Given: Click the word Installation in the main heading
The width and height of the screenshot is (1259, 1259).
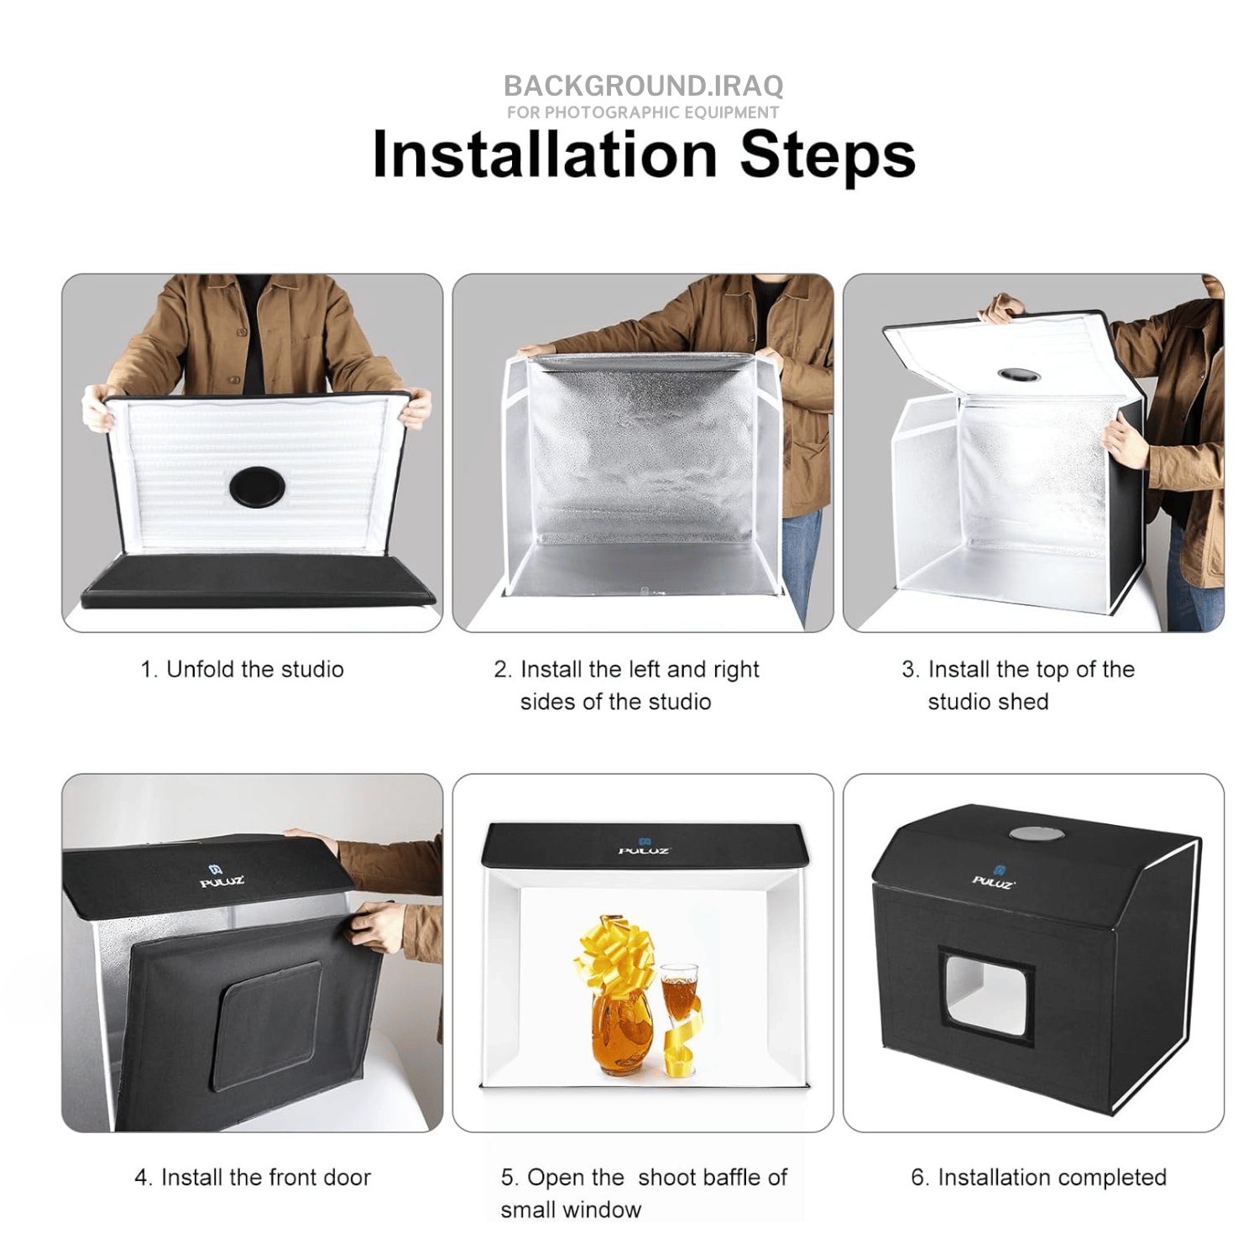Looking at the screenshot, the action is (x=545, y=154).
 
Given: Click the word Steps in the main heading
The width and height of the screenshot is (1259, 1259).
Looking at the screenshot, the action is (x=828, y=157).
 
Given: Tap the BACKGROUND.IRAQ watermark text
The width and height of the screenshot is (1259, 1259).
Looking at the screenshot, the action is (x=644, y=86).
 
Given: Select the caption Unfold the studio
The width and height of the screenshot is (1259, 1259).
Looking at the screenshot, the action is (x=243, y=669).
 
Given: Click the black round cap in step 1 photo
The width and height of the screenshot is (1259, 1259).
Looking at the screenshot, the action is (x=257, y=486).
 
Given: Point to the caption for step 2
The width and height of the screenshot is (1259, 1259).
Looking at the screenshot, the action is (x=626, y=685).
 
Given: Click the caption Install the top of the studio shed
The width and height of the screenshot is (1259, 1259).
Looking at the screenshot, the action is (x=1018, y=685).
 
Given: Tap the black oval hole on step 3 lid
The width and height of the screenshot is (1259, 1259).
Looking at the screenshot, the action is (x=1019, y=374).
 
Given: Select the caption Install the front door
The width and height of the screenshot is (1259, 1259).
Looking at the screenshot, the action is (x=253, y=1177).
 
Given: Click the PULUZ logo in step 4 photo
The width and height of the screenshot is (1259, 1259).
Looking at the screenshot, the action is (x=222, y=876).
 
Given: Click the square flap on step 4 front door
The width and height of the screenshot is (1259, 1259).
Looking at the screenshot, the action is (x=269, y=1026).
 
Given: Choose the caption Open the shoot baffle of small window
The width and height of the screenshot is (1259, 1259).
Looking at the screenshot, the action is (x=644, y=1193).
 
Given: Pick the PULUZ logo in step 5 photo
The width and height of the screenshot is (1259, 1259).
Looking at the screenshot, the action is (x=644, y=846).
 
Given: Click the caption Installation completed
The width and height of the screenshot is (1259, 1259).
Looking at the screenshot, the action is (x=1038, y=1177).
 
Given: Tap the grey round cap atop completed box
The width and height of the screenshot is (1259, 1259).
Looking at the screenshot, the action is (x=1037, y=833).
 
